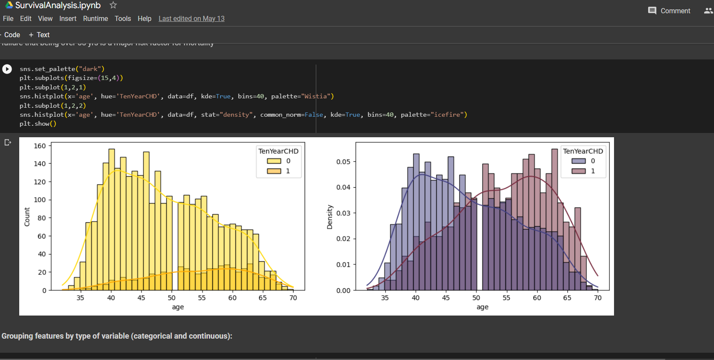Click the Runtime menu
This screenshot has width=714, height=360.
[95, 18]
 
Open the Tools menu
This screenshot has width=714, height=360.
[123, 18]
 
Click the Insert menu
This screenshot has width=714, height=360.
[68, 18]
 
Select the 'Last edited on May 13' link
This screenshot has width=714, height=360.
[191, 18]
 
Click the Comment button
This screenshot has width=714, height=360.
[669, 11]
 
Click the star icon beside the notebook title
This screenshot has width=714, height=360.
[113, 5]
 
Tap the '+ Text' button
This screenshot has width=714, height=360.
[39, 35]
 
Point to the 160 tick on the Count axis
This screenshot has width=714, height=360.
[40, 146]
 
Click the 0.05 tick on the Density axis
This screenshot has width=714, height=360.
[343, 162]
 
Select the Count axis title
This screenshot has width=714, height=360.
[27, 217]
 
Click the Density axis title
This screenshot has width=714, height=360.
[330, 217]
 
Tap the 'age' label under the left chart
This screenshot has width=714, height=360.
[178, 307]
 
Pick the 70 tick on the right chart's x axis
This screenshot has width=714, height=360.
[597, 298]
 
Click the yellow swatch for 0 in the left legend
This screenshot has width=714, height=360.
[274, 161]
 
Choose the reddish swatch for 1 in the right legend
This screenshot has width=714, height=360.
[579, 171]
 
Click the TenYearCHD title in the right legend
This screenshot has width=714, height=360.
[583, 151]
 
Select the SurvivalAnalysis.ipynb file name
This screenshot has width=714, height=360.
[58, 5]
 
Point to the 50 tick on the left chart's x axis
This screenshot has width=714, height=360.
[171, 298]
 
